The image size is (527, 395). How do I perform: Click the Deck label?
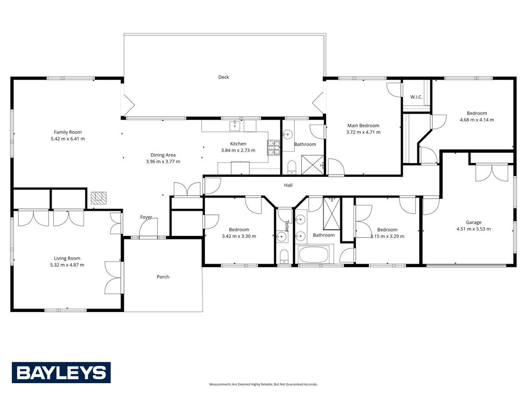tap(224, 77)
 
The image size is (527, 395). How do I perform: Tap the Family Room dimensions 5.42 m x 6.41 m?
tap(68, 139)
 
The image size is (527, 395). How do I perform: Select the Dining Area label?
tap(163, 155)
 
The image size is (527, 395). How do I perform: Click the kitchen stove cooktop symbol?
tap(274, 148)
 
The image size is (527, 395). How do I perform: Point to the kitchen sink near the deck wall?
tap(235, 126)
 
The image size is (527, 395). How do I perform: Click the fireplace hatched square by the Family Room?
tap(98, 198)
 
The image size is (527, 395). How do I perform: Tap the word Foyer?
tap(146, 217)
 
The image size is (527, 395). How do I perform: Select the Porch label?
tap(163, 277)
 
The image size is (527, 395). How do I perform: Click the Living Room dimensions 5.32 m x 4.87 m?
tap(67, 265)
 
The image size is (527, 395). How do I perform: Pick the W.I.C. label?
tap(416, 97)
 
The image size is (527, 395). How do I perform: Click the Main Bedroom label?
tap(364, 125)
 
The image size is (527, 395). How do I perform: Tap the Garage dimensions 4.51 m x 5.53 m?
tap(474, 229)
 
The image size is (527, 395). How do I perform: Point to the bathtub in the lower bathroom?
tap(314, 255)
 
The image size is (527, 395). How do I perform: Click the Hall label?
tap(288, 185)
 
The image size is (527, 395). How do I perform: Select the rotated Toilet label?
tap(286, 226)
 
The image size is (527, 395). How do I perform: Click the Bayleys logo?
tap(61, 372)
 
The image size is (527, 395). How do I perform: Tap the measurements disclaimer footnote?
tap(264, 384)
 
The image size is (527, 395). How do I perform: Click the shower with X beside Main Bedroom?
tap(313, 164)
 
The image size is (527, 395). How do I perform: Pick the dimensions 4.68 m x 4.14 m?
tap(477, 119)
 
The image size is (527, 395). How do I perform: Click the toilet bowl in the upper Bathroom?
tap(291, 167)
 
